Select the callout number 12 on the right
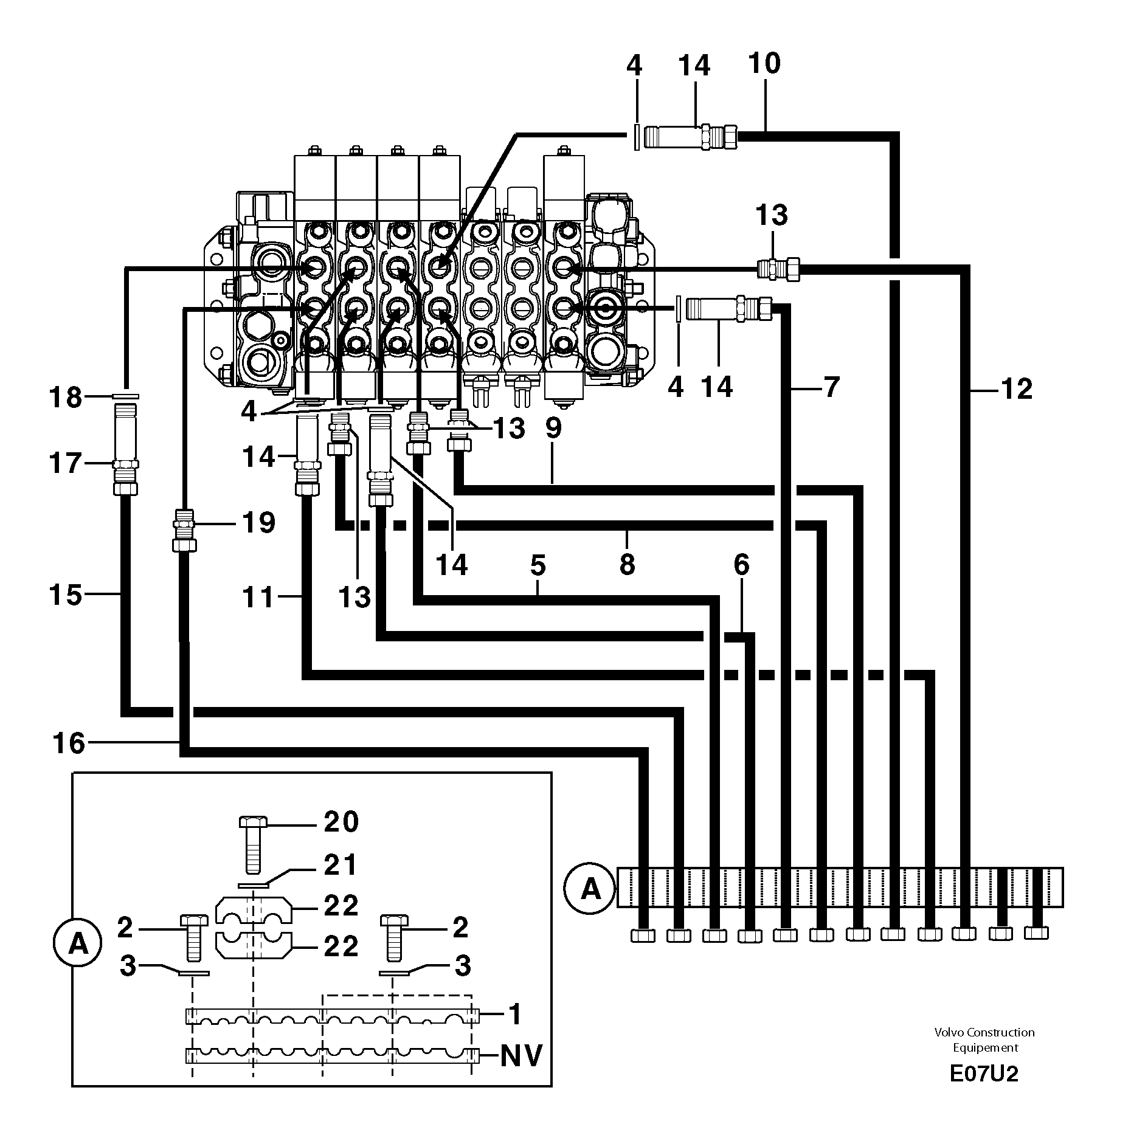(1015, 389)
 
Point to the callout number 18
(66, 398)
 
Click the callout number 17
(66, 464)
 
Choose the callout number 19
(259, 523)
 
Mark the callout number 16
(69, 743)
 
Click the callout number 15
(66, 595)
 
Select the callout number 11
(259, 598)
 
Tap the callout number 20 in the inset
(341, 822)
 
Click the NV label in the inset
(521, 1056)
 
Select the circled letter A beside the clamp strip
(590, 890)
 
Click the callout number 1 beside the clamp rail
(514, 1015)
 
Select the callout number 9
(553, 429)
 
